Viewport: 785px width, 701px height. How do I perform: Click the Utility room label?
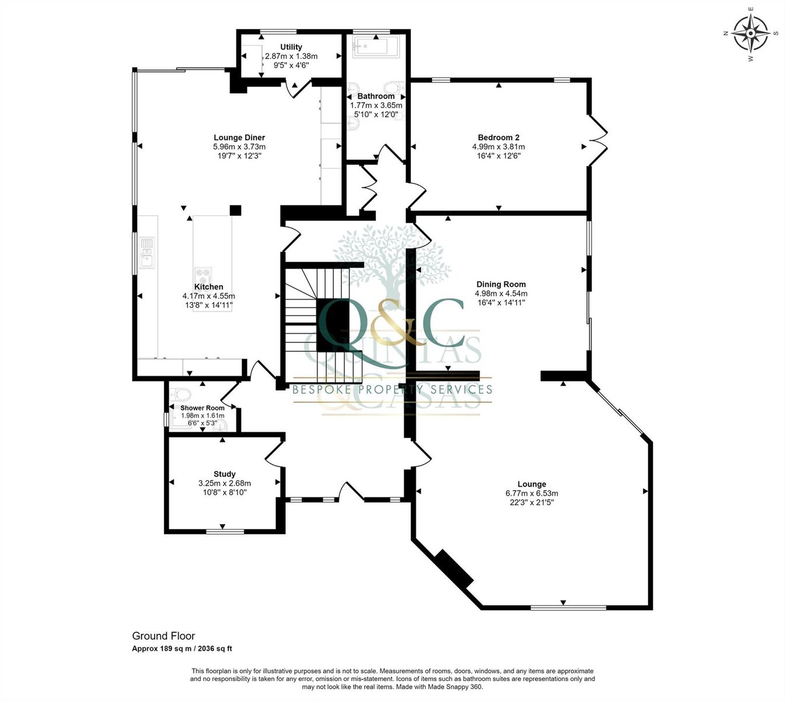[x=291, y=47]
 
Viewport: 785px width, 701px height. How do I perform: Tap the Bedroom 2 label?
[x=498, y=137]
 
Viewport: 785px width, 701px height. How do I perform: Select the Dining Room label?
[x=501, y=284]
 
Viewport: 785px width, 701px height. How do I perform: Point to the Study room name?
[x=224, y=474]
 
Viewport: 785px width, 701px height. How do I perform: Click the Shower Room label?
[x=203, y=408]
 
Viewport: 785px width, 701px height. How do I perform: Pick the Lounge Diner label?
[x=239, y=137]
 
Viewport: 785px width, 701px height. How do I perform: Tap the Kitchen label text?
[x=208, y=287]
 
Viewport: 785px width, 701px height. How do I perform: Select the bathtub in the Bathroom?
[x=376, y=48]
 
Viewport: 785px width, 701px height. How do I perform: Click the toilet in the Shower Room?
[x=181, y=394]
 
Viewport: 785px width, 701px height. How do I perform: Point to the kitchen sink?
[x=147, y=253]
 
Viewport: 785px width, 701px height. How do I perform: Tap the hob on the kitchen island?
[x=204, y=276]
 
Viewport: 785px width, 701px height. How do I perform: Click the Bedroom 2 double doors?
[x=598, y=140]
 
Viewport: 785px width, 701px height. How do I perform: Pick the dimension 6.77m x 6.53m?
[x=532, y=494]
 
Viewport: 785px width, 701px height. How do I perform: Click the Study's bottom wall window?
[x=225, y=531]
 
